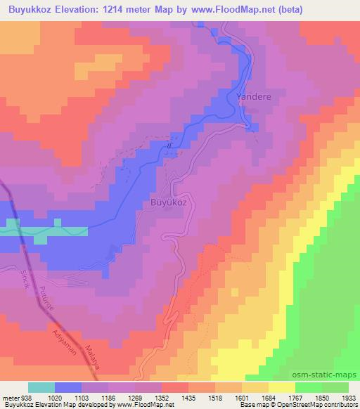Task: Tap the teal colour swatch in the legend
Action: pos(41,387)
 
